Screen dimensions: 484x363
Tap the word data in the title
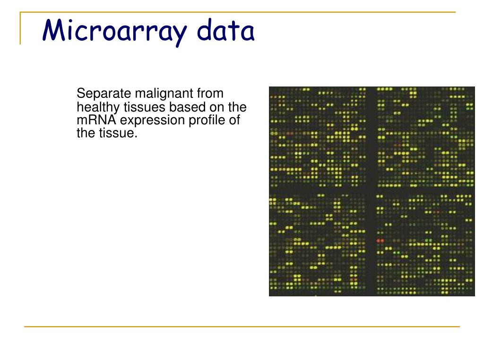[225, 31]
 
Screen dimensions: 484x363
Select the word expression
[152, 121]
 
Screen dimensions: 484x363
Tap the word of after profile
[234, 120]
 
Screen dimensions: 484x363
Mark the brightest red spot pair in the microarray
[380, 241]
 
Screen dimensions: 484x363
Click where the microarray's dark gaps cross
[371, 190]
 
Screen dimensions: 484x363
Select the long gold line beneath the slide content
[242, 326]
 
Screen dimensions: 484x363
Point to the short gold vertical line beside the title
[20, 28]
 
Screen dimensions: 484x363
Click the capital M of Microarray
[53, 30]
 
